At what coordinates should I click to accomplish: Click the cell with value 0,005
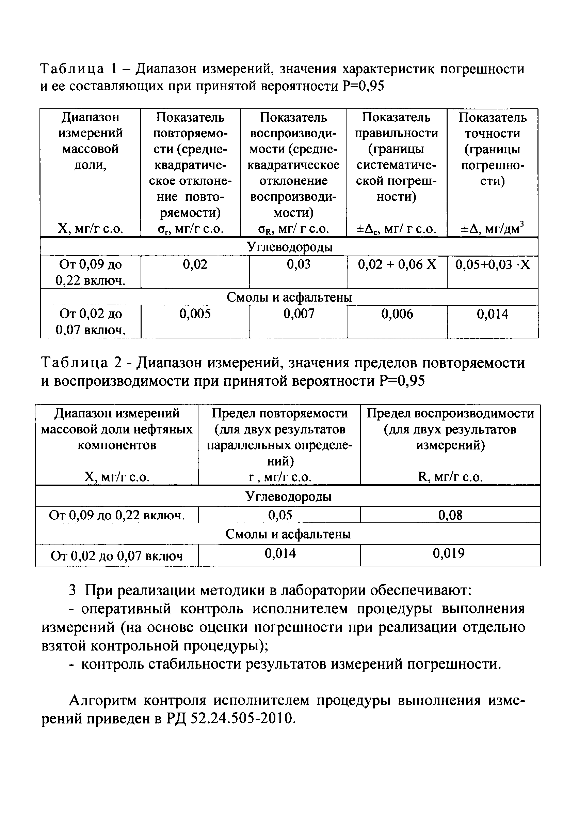pos(195,314)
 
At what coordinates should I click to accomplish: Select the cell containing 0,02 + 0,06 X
pos(397,265)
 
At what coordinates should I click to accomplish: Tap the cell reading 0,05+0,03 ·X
pos(492,265)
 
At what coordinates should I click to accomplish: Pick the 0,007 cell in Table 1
pos(299,314)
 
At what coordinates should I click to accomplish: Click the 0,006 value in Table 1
pos(397,314)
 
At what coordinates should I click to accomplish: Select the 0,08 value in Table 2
pos(450,515)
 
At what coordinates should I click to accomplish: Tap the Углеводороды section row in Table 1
pos(289,247)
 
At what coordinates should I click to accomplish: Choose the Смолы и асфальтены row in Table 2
pos(288,534)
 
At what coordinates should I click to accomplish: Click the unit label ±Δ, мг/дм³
pos(492,229)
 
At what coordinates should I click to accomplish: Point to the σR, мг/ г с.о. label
pos(293,229)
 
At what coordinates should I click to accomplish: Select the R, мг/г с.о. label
pos(450,477)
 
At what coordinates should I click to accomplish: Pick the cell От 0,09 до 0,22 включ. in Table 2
pos(117,516)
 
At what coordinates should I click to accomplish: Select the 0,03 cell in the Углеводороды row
pos(299,265)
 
